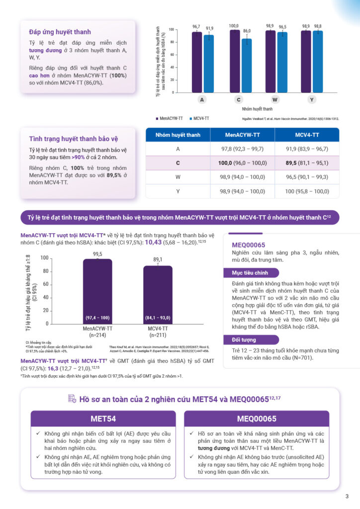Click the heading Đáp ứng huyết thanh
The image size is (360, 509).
click(60, 32)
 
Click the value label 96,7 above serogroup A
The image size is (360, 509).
click(196, 26)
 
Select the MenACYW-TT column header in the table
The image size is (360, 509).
click(242, 135)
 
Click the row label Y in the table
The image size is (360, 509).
click(178, 191)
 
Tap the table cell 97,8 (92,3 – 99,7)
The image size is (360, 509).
click(242, 149)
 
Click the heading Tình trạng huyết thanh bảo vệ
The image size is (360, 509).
click(74, 139)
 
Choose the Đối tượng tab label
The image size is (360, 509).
click(244, 340)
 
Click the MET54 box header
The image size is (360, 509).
click(103, 418)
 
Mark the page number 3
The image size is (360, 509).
click(347, 496)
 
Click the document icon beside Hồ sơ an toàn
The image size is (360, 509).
click(72, 398)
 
